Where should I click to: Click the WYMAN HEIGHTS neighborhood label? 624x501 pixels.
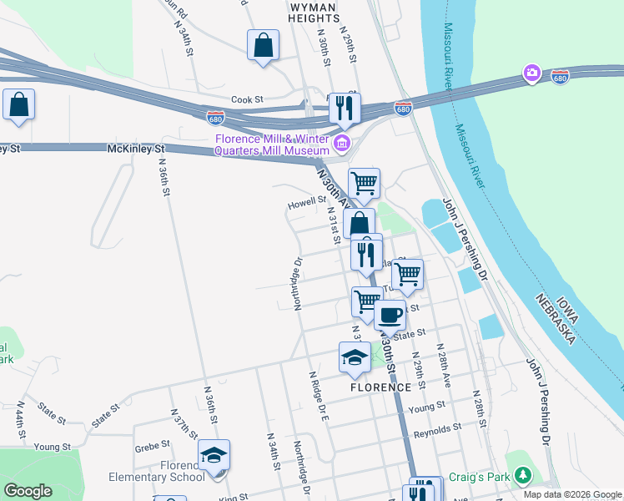(313, 11)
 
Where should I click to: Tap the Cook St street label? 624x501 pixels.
(247, 99)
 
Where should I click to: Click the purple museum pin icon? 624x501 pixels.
(341, 144)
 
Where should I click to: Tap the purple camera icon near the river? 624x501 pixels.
(531, 74)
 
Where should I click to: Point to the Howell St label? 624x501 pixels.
(306, 201)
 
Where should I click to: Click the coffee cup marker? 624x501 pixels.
(389, 315)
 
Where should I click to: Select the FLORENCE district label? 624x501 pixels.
(380, 387)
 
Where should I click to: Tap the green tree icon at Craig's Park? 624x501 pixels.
(522, 475)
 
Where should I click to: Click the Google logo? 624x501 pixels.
(28, 490)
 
